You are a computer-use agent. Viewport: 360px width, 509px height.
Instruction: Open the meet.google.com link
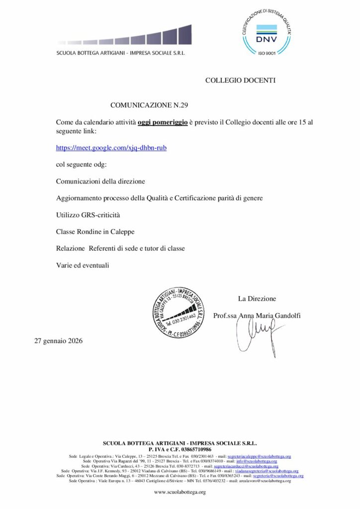pos(111,148)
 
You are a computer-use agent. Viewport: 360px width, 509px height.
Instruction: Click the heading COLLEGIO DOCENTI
pos(240,80)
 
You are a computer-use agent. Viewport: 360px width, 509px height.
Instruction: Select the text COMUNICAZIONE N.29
pos(149,105)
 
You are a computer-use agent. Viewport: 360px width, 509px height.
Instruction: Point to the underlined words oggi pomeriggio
pos(163,122)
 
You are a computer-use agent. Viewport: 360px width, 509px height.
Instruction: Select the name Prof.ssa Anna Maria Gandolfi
pos(257,316)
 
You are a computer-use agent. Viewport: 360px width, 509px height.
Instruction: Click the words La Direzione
pos(257,299)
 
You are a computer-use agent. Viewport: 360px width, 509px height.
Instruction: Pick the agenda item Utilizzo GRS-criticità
pos(88,215)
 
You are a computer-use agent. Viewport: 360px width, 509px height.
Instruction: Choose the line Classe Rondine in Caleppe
pos(95,232)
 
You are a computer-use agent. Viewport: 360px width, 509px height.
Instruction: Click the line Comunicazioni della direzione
pos(100,181)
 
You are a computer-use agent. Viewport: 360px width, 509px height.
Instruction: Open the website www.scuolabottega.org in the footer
pos(180,492)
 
